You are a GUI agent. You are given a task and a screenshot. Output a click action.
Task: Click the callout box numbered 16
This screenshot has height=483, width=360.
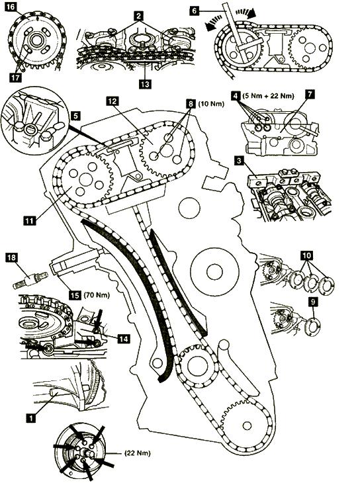[11, 6]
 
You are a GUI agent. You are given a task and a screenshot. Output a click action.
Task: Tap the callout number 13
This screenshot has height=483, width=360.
[145, 83]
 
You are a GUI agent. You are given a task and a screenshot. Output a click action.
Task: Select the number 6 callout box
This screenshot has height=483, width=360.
[194, 11]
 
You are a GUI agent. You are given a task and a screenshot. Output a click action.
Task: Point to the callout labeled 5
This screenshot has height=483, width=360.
[76, 116]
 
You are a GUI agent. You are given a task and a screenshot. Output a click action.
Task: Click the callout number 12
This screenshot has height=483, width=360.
[112, 101]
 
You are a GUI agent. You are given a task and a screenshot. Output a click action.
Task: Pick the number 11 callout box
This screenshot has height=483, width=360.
[30, 220]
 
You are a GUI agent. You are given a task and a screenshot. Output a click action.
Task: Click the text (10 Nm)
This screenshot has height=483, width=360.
[211, 104]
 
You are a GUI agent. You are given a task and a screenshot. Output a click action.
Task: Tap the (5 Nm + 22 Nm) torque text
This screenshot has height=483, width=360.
[268, 96]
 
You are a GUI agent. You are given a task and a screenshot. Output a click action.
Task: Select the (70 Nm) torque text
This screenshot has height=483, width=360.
[97, 295]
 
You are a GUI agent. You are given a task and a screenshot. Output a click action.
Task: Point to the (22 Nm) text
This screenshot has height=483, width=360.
[138, 453]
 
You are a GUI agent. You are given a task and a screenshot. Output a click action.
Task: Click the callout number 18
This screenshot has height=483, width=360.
[11, 257]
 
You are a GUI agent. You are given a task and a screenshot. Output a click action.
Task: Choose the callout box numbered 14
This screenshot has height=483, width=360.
[123, 339]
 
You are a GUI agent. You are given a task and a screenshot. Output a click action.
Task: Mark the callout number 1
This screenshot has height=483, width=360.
[31, 417]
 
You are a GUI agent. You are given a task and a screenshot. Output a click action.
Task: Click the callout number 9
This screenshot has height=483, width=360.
[313, 302]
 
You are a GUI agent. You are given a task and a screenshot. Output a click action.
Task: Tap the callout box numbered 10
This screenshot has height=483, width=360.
[307, 255]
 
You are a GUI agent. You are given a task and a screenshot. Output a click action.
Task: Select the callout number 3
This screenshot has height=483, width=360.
[238, 161]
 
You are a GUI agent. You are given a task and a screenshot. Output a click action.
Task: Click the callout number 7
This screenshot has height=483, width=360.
[310, 95]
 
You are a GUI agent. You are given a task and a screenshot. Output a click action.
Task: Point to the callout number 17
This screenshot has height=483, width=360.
[15, 77]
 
